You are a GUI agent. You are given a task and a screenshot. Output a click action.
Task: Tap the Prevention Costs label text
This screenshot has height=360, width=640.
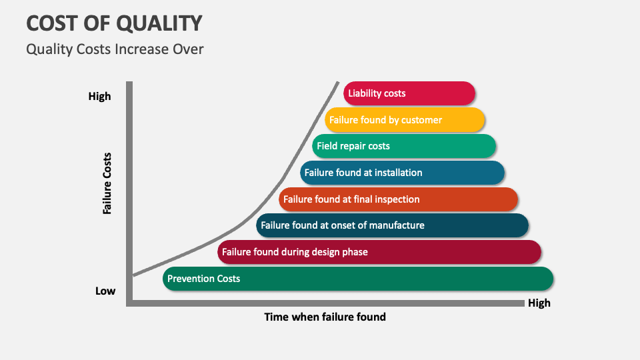203,279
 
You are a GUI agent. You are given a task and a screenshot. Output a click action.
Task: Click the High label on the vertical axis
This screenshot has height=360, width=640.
100,97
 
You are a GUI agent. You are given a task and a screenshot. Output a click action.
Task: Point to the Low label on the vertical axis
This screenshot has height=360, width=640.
105,291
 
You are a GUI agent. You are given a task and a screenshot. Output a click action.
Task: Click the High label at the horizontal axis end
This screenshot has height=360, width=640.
539,303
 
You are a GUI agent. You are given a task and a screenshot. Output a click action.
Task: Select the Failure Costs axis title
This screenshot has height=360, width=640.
107,183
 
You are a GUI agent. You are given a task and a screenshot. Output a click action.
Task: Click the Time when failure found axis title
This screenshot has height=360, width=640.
325,317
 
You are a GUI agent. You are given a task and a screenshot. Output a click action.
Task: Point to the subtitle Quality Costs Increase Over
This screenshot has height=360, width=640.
115,49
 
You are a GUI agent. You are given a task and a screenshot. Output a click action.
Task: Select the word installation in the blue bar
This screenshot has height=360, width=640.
398,173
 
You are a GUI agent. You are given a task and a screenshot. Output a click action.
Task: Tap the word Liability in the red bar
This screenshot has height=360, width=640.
365,93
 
